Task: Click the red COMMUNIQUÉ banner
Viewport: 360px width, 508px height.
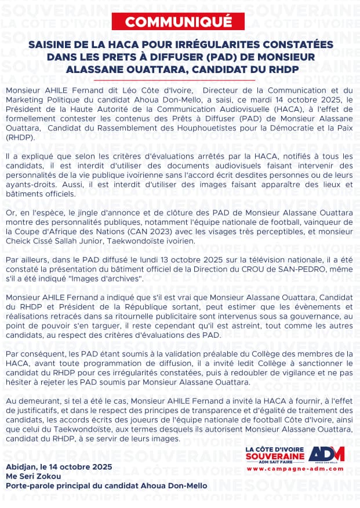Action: (179, 22)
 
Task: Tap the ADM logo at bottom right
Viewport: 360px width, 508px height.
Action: (326, 454)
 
